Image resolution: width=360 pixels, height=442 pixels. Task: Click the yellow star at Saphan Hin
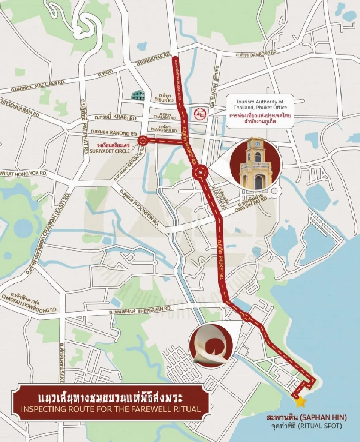click(300, 402)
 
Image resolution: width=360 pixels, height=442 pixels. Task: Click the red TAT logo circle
click(198, 113)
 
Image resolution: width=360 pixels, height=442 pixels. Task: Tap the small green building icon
click(138, 95)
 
